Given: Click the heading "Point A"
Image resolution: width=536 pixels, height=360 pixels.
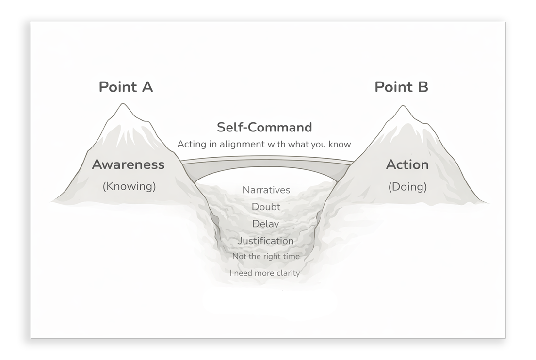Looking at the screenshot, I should [x=126, y=87].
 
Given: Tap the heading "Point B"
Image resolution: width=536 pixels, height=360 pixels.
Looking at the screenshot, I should [x=401, y=87].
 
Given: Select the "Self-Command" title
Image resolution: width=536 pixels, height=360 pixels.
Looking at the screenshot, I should [x=264, y=127].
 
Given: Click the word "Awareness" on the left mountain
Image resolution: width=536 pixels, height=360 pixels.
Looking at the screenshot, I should [x=128, y=164].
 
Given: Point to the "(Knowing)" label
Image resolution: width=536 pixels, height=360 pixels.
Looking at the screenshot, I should [x=129, y=186].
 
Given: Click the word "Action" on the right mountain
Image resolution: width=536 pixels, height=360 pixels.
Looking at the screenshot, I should [x=407, y=164].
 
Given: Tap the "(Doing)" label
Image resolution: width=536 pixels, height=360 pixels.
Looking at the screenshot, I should [x=407, y=186].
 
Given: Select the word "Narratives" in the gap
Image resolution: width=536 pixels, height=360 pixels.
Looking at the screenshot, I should [x=266, y=190].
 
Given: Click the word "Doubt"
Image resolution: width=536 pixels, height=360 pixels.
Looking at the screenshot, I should [x=266, y=207].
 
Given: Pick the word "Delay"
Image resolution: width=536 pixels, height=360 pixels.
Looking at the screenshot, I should [x=265, y=224].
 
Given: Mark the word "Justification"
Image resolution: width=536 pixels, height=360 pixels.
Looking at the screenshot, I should [x=265, y=241].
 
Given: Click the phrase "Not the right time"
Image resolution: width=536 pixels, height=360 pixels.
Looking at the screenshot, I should [x=265, y=256].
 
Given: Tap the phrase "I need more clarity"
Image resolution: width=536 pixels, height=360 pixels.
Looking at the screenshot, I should [x=264, y=273].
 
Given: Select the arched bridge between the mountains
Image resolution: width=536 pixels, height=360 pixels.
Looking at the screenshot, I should [x=266, y=164].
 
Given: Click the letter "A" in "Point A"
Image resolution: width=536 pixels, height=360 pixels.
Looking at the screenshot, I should [x=146, y=87].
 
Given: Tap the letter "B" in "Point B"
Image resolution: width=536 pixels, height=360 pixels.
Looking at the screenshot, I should [x=422, y=87].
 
